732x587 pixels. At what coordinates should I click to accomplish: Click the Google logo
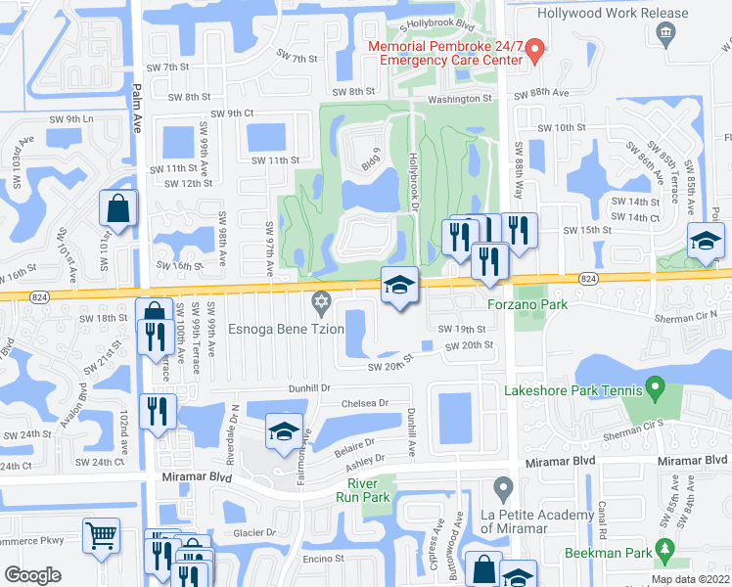click(x=32, y=574)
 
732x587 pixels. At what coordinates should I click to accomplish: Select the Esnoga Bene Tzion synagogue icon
click(x=318, y=300)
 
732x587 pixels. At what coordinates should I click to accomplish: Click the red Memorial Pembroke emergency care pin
click(x=533, y=50)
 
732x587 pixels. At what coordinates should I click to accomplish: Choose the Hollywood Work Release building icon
click(x=664, y=34)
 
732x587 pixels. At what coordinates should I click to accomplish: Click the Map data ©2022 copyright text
click(x=690, y=579)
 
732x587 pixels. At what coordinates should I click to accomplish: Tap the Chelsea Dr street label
click(x=364, y=402)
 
